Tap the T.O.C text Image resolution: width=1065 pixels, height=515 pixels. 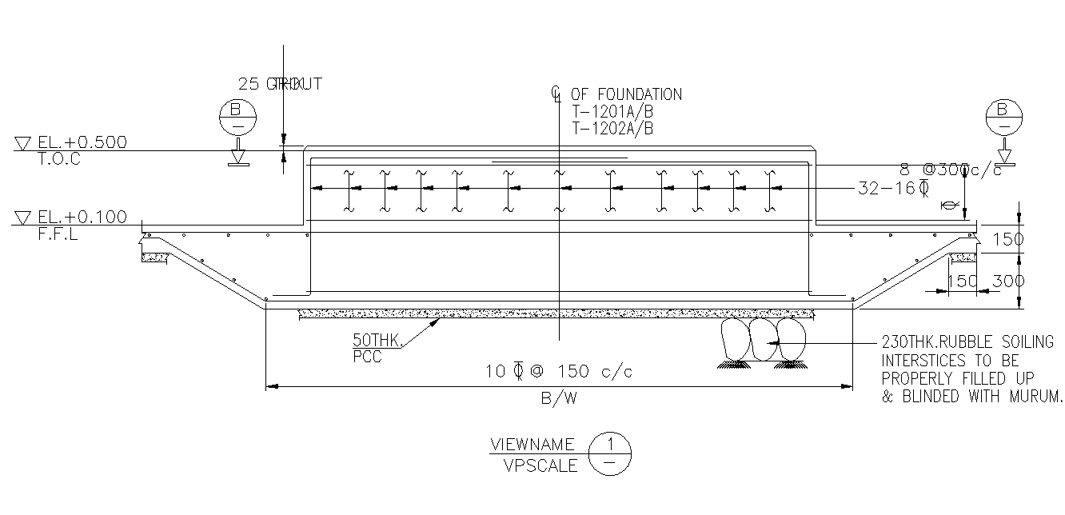pos(59,158)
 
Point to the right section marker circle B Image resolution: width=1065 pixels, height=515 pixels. pos(1003,117)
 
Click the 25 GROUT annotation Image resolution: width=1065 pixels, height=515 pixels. pos(280,83)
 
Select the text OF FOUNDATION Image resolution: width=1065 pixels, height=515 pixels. pos(626,94)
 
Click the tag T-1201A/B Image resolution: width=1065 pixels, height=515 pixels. pos(612,112)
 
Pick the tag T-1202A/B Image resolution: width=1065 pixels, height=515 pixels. pos(612,128)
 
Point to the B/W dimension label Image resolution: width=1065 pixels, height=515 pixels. pos(558,400)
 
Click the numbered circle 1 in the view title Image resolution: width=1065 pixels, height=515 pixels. pos(609,443)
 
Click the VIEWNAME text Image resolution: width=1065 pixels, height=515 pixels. pos(532,445)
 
